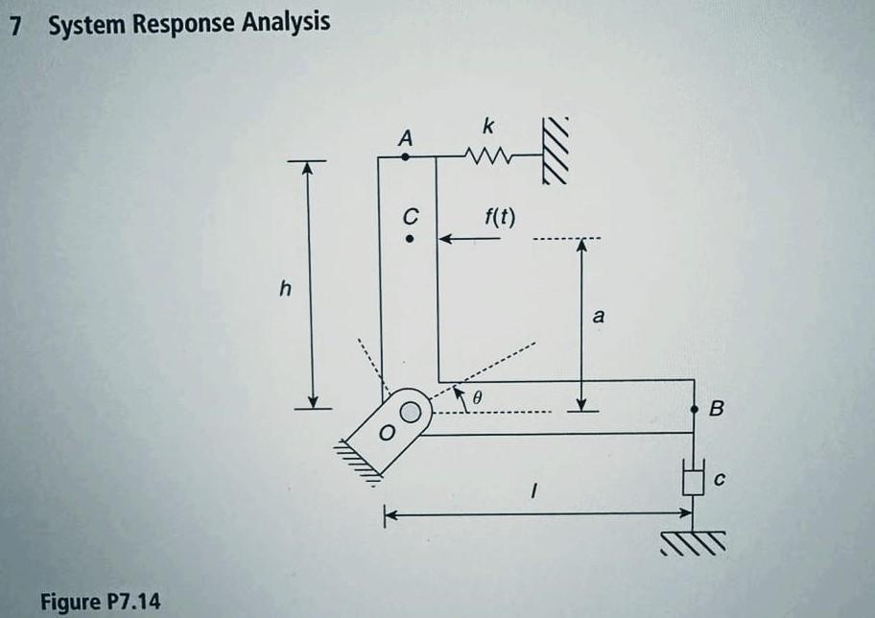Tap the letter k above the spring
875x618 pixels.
point(490,126)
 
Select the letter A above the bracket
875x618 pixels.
point(406,138)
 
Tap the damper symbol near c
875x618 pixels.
point(694,476)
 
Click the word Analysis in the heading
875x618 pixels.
point(279,21)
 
